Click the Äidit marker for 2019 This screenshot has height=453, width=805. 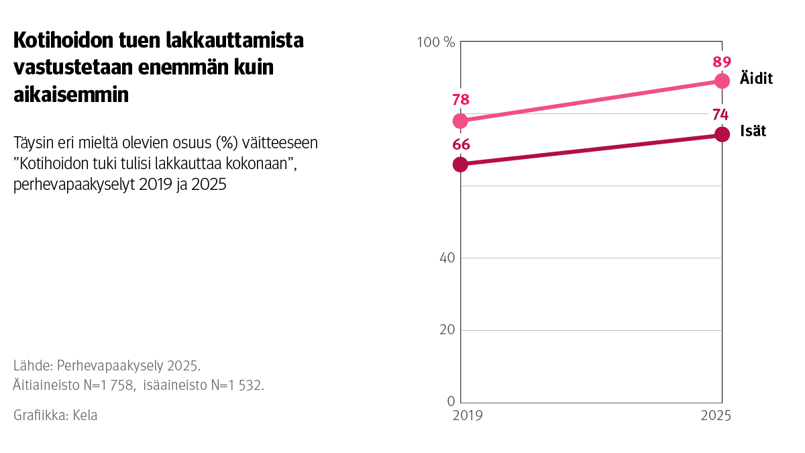tap(460, 121)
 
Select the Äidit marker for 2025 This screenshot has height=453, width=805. tap(722, 81)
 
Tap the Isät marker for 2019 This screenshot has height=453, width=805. tap(460, 164)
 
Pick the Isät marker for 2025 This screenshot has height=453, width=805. tap(722, 134)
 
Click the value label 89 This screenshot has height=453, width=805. tap(722, 62)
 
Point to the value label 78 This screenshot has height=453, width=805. tap(460, 100)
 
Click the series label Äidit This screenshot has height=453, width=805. tap(756, 79)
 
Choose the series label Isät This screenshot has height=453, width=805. tap(753, 131)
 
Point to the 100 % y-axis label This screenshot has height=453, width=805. tap(436, 42)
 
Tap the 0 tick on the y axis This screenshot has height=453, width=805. tap(451, 401)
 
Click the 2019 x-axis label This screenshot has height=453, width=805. tap(467, 416)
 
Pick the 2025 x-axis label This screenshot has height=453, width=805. tap(716, 416)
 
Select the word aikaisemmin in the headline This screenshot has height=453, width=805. tap(70, 95)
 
